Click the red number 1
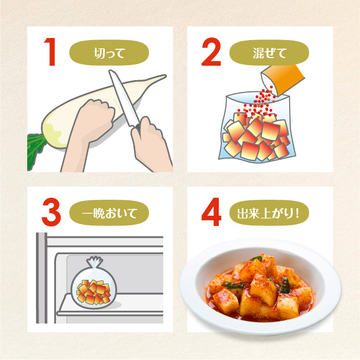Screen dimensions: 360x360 [x=51, y=53]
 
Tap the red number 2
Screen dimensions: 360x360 [x=211, y=53]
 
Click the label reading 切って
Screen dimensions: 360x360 [x=109, y=52]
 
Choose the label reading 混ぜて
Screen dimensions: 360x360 [x=269, y=52]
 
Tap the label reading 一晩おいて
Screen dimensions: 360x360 [x=109, y=212]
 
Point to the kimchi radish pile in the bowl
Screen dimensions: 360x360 [x=259, y=288]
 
